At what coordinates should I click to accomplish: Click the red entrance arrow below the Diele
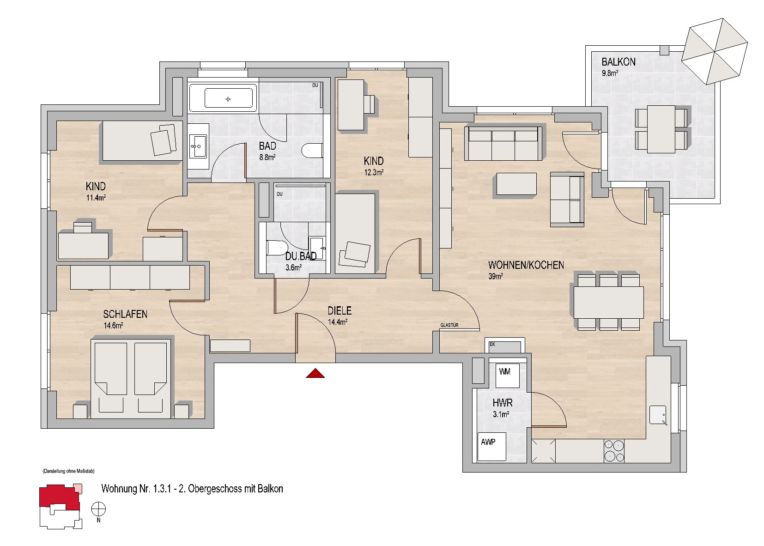[x=315, y=373]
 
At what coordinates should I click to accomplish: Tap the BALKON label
[x=618, y=62]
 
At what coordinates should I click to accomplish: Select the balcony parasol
[x=715, y=51]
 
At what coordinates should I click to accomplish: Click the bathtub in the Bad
[x=228, y=99]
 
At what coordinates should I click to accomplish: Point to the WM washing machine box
[x=508, y=376]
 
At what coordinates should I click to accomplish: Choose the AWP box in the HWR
[x=491, y=446]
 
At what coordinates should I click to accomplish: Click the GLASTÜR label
[x=449, y=325]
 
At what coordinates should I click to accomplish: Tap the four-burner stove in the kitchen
[x=614, y=451]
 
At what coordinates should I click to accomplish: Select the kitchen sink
[x=658, y=415]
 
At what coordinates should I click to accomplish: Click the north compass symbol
[x=98, y=510]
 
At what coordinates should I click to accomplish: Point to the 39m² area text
[x=496, y=276]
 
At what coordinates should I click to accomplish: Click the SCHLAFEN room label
[x=125, y=314]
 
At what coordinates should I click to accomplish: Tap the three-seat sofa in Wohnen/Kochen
[x=503, y=143]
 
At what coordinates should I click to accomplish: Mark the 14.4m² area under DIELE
[x=338, y=322]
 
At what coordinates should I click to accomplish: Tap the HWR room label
[x=503, y=403]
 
